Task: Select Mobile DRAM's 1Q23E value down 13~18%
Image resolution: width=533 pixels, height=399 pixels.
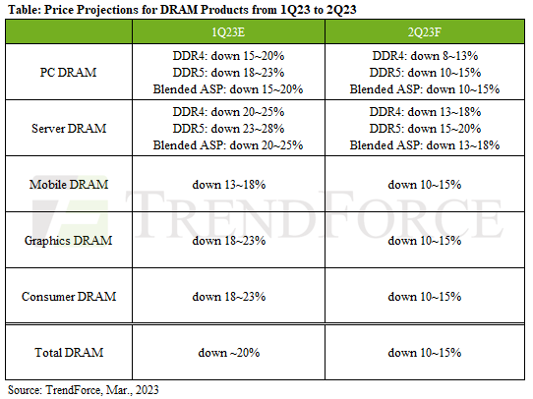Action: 232,184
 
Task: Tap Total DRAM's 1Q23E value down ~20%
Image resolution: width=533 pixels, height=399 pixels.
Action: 232,351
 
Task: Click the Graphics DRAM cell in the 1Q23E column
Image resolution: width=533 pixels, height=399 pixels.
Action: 232,240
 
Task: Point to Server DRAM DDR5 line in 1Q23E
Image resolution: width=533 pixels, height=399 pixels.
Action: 232,129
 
